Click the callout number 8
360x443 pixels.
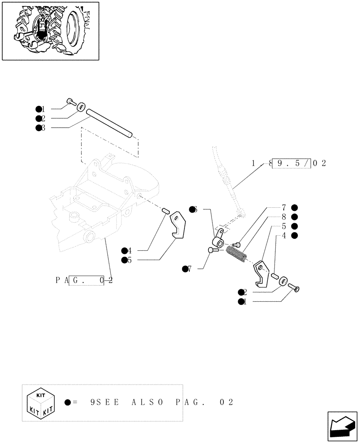283,217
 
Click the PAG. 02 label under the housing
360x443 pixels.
84,280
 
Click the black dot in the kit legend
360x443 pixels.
67,403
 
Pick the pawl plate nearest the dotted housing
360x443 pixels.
178,225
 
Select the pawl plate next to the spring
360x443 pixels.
261,275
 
